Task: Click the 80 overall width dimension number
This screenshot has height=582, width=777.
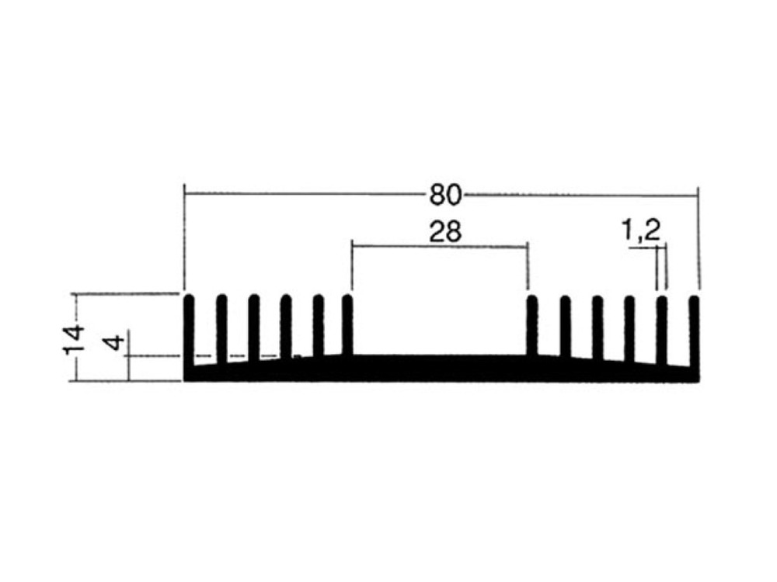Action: (445, 195)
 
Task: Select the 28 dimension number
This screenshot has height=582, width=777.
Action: (445, 231)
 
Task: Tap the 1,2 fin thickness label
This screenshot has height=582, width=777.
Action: (641, 230)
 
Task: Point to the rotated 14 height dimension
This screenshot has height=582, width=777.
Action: (74, 340)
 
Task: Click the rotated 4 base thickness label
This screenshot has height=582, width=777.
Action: (115, 342)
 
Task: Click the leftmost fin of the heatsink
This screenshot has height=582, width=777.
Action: (190, 331)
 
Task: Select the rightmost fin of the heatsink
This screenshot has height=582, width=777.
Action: (694, 332)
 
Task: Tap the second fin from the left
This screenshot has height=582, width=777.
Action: (221, 330)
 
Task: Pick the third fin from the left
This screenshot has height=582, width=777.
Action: (254, 328)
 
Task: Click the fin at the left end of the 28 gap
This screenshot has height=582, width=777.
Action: (347, 325)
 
